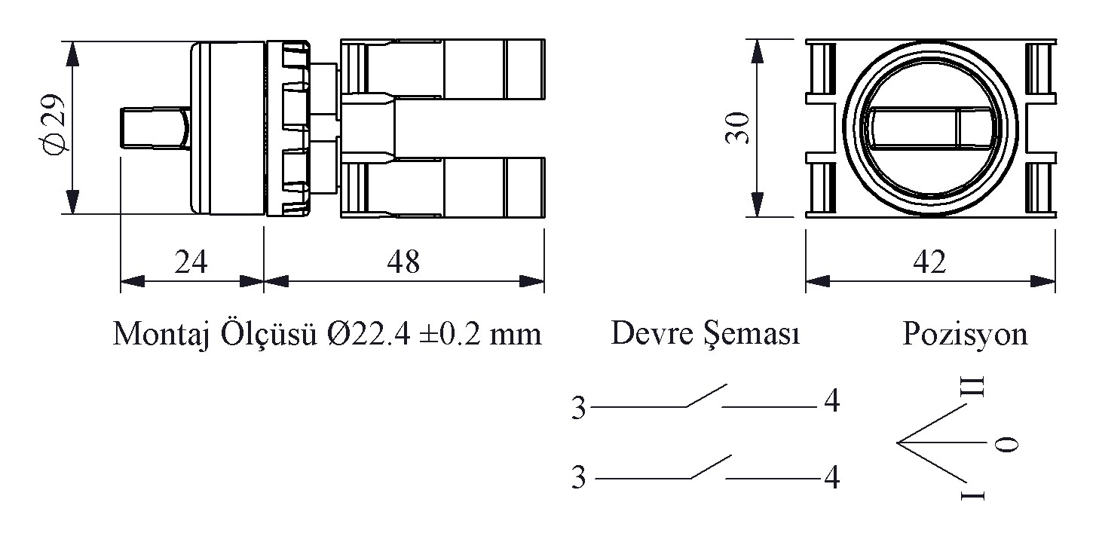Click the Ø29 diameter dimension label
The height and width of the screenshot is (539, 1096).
[57, 126]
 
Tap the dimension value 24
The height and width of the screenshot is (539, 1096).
[191, 262]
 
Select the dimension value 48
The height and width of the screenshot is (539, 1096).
[403, 262]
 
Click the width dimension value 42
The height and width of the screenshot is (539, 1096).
[929, 262]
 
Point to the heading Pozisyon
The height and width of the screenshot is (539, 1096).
[965, 333]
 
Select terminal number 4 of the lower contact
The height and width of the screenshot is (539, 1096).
[831, 477]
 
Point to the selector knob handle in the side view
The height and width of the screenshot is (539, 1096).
[154, 129]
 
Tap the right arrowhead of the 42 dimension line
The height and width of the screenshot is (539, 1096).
[1045, 282]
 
